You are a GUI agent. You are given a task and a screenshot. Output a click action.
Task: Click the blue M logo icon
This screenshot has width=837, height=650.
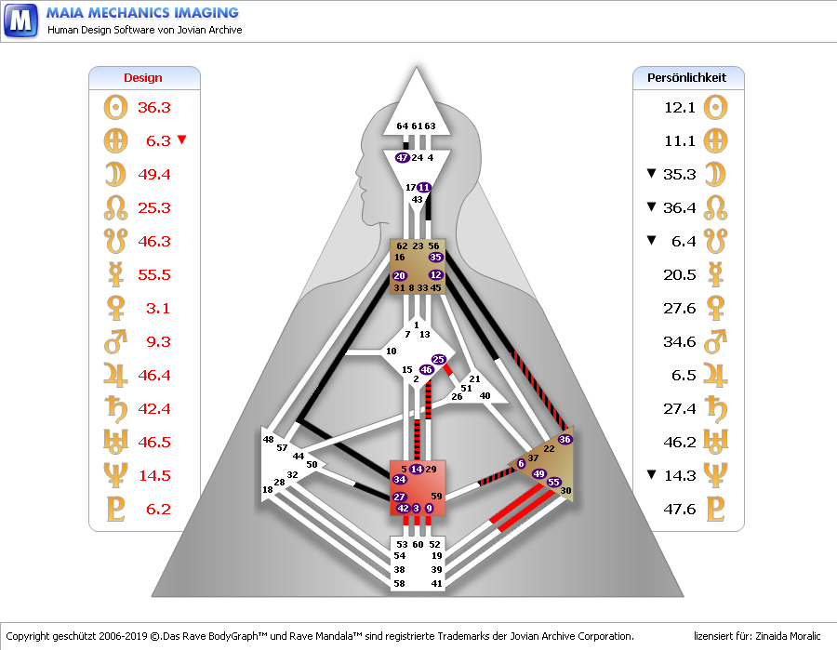(x=20, y=20)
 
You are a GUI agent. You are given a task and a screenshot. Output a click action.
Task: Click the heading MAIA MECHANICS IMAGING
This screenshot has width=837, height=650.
(x=142, y=13)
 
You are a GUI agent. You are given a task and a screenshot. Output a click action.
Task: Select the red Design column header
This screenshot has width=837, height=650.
(x=143, y=78)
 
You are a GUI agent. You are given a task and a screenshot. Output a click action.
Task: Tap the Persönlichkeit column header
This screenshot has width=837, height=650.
(x=686, y=78)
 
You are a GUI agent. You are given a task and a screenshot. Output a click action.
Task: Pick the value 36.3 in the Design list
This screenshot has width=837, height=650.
(x=153, y=108)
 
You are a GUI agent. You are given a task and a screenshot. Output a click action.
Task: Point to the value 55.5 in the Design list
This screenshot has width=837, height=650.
(x=153, y=275)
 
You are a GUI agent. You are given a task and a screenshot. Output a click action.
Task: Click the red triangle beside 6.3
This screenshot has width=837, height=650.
(x=181, y=140)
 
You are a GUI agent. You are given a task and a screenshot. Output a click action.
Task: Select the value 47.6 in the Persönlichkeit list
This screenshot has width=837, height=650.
(x=680, y=510)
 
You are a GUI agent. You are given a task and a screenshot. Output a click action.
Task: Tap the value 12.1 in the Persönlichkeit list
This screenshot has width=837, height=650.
(x=680, y=108)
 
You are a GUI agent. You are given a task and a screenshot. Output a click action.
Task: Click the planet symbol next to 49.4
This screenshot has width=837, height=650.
(x=115, y=175)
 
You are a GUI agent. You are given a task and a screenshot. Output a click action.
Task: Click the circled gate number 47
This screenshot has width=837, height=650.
(x=403, y=158)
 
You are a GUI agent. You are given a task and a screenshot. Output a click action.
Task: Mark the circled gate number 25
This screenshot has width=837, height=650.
(x=439, y=359)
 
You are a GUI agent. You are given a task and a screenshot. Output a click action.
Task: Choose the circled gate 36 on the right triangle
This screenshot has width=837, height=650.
(x=565, y=439)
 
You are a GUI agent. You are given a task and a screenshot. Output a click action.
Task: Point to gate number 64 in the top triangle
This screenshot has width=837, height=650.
(x=402, y=126)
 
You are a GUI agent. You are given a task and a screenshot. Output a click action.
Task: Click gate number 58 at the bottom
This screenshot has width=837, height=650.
(x=400, y=583)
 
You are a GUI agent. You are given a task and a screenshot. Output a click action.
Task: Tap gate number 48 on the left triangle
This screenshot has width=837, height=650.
(x=269, y=439)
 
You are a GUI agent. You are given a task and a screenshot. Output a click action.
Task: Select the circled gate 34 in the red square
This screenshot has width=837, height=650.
(x=400, y=479)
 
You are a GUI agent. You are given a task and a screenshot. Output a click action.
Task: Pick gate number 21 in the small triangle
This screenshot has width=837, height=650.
(x=474, y=379)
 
